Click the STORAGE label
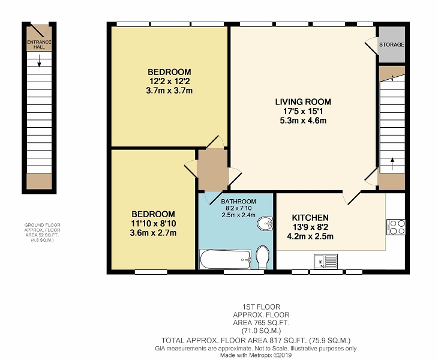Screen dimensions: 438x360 391,44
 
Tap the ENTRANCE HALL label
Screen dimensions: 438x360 39,44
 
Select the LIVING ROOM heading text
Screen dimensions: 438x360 303,101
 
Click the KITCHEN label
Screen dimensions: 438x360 310,218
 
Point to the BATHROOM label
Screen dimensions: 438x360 239,202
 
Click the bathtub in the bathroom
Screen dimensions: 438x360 225,259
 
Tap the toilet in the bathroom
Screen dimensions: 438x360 263,257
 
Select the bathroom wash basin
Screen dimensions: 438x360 265,223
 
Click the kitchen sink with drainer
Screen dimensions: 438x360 326,261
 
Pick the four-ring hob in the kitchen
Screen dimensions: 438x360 396,227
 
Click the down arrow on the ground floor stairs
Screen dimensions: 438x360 40,61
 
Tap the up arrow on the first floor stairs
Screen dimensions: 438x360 392,164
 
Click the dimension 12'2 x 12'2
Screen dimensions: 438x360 169,81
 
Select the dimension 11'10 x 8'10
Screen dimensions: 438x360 154,223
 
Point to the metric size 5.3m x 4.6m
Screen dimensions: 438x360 303,121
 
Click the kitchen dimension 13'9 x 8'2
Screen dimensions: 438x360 310,227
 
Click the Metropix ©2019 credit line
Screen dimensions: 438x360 256,355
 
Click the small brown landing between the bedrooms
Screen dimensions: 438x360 212,170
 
